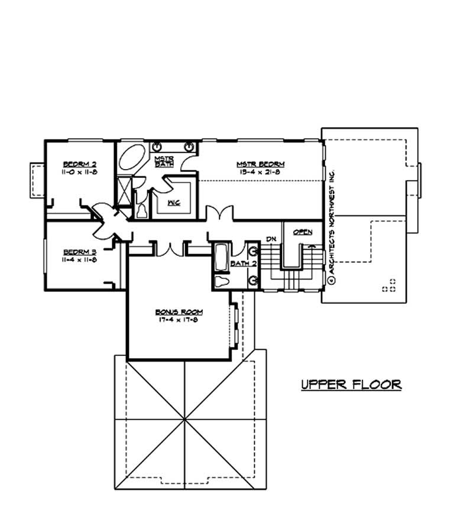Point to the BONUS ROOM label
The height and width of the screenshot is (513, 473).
179,311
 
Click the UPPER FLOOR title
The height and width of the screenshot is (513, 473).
351,385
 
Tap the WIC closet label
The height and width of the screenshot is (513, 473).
174,203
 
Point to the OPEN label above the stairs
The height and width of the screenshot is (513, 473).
302,232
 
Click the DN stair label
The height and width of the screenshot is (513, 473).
271,238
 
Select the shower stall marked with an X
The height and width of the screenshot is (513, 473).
125,191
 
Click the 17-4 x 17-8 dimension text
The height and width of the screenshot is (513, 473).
179,320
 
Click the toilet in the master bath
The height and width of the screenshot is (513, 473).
142,209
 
